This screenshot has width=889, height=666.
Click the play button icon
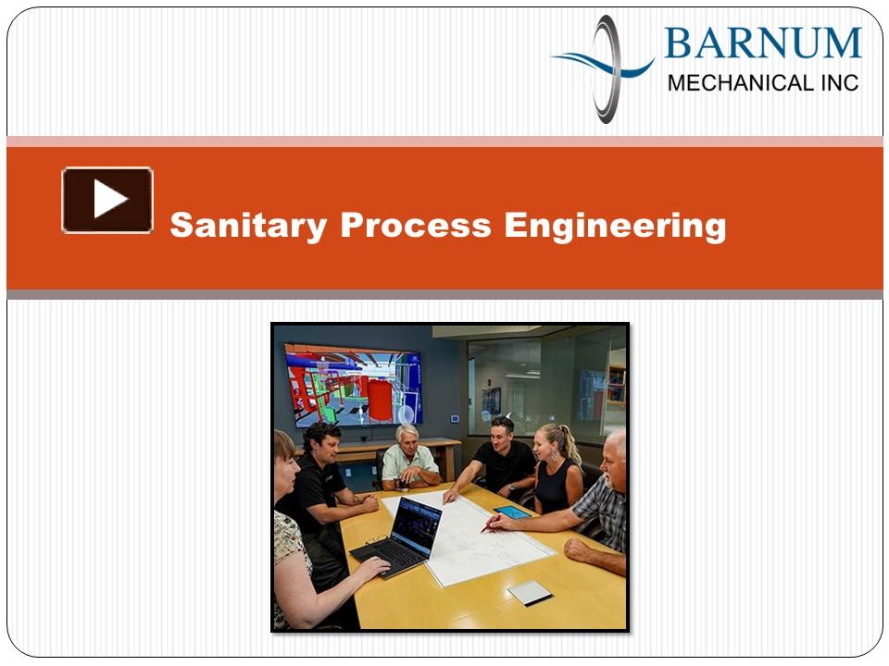coord(107,200)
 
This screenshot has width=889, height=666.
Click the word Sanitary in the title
coord(248,226)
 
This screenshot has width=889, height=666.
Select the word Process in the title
coord(416,225)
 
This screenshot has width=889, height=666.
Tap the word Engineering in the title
coord(615,226)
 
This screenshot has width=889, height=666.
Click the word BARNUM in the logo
coord(762,43)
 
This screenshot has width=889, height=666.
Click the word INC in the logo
coord(840,83)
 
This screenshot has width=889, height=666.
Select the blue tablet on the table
coord(512,512)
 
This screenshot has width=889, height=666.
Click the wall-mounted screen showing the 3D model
coord(353,384)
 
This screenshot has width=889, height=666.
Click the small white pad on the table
coord(530,592)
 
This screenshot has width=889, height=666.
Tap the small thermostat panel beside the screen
coord(454,419)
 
